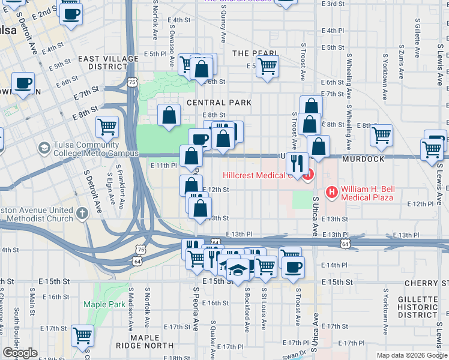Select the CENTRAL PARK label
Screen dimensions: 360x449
click(x=219, y=103)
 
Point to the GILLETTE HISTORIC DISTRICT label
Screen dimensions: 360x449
click(x=417, y=307)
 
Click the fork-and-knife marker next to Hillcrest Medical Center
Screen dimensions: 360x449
click(x=297, y=162)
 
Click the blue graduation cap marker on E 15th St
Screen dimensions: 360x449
click(x=238, y=270)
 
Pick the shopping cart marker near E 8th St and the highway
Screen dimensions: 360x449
click(x=107, y=127)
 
